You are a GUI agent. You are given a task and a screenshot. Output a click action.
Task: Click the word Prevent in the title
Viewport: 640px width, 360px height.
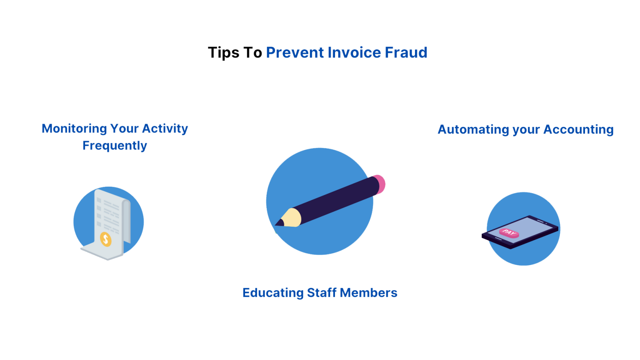(295, 53)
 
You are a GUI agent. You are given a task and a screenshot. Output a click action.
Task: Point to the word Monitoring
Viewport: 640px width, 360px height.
(74, 128)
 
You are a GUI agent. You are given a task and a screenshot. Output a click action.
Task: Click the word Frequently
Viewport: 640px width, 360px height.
(115, 145)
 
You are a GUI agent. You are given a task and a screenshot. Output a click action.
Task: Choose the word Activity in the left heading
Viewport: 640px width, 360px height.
(165, 128)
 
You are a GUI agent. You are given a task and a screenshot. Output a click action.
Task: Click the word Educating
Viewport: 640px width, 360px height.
(273, 292)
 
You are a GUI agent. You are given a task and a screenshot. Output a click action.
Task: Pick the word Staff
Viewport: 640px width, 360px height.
(321, 292)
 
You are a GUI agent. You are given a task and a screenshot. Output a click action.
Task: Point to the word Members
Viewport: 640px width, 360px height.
(368, 292)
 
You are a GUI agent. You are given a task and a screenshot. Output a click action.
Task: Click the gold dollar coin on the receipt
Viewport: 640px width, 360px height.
(106, 239)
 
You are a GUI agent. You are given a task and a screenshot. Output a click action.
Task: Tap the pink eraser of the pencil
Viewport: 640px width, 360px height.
(379, 184)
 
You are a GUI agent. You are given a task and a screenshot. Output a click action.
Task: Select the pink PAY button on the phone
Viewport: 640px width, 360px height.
(509, 233)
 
